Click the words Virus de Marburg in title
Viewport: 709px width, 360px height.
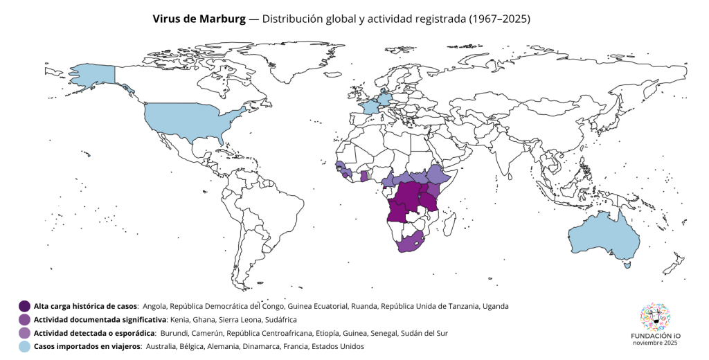pyautogui.click(x=199, y=19)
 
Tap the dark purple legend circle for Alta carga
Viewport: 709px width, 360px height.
pyautogui.click(x=24, y=306)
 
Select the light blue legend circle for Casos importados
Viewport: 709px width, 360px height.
pyautogui.click(x=24, y=346)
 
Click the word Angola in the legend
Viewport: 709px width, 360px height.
pyautogui.click(x=154, y=307)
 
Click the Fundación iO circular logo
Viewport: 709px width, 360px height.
pyautogui.click(x=655, y=316)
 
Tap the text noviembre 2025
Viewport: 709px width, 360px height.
pyautogui.click(x=655, y=343)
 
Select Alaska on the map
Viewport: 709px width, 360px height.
pyautogui.click(x=93, y=75)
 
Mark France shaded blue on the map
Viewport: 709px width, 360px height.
pyautogui.click(x=370, y=107)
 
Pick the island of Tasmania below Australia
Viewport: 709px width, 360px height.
pyautogui.click(x=627, y=265)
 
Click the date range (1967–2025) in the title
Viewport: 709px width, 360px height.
pyautogui.click(x=499, y=19)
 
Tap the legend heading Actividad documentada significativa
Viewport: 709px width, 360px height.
pyautogui.click(x=100, y=320)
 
